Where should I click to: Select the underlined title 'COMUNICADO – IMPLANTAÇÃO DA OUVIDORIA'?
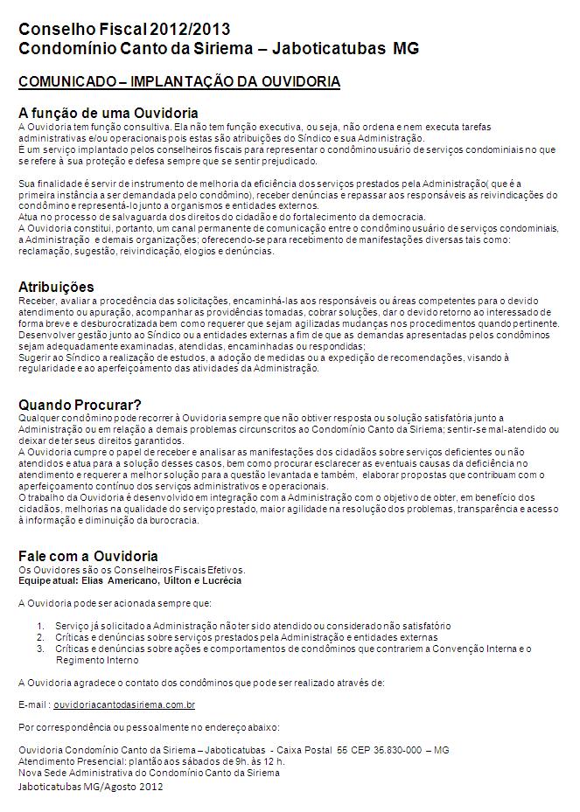click(179, 81)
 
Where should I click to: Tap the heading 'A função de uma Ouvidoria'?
click(108, 114)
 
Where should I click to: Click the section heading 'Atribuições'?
click(56, 287)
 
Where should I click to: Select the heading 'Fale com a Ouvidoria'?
click(88, 556)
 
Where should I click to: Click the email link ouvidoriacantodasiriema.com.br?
click(124, 704)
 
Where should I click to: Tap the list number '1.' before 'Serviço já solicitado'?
click(41, 626)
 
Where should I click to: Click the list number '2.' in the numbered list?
click(41, 637)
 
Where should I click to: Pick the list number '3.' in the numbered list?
click(41, 649)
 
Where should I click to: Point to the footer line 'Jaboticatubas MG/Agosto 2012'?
click(91, 786)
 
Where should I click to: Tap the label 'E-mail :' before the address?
click(34, 704)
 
